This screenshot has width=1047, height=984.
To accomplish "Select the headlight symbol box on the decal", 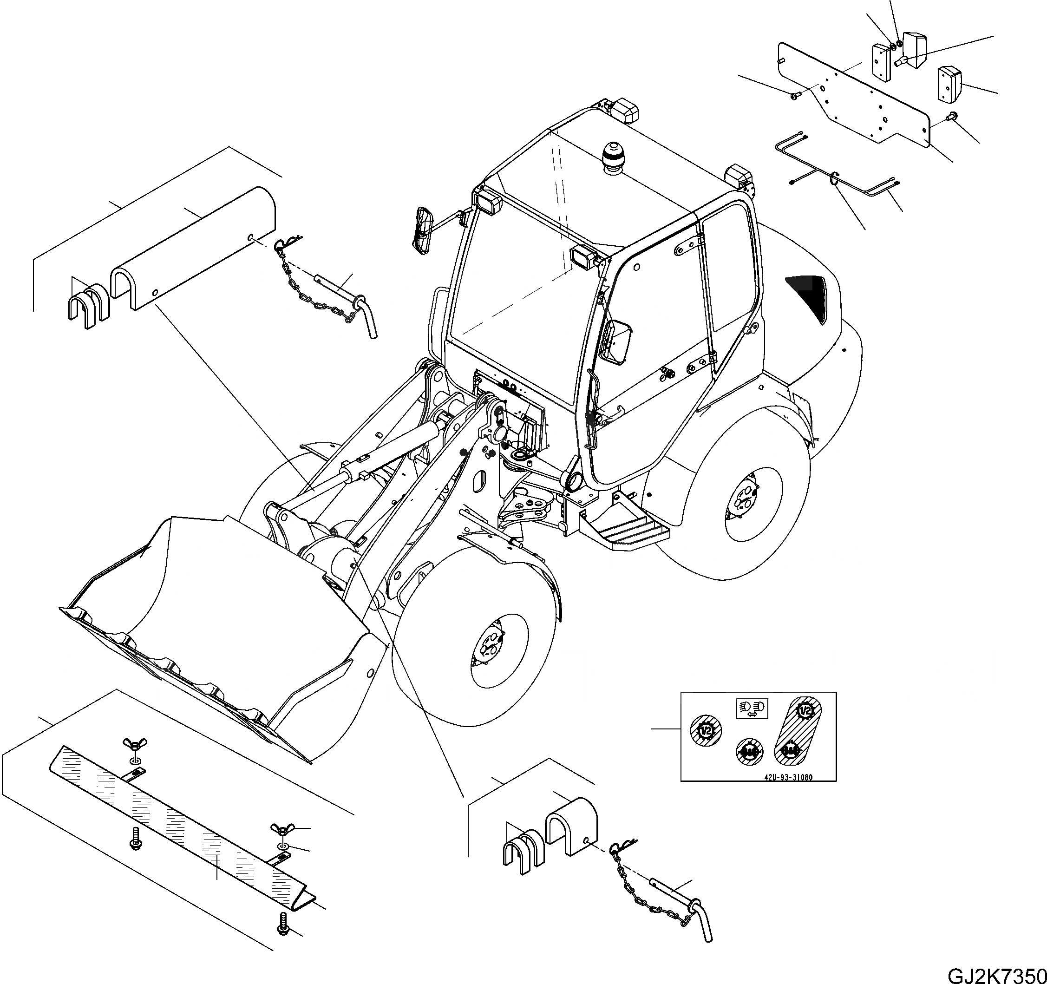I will (752, 708).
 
